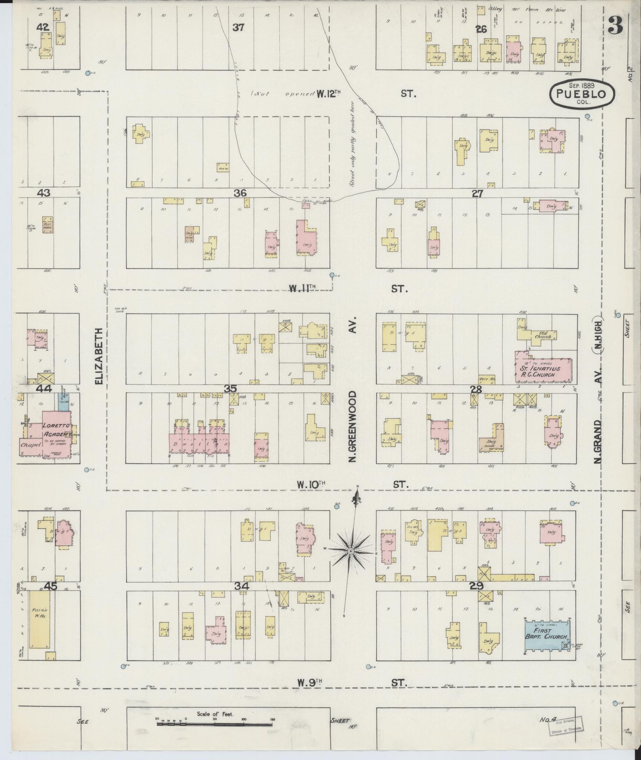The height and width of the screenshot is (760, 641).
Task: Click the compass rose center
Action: click(351, 552)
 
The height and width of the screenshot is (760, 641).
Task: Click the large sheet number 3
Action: click(616, 27)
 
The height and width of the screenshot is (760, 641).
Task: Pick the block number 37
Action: click(238, 27)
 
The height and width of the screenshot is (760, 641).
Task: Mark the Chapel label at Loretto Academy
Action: click(31, 445)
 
